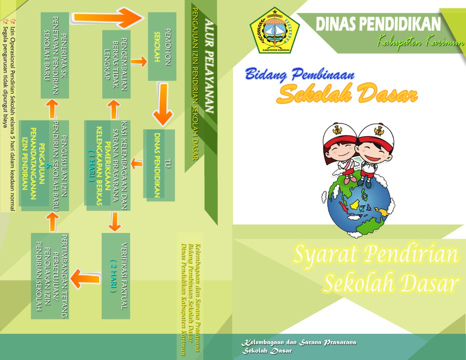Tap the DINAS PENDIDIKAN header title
click(x=378, y=24)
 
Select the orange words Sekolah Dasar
click(x=346, y=94)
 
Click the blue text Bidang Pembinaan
click(x=299, y=74)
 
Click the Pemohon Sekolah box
click(x=162, y=47)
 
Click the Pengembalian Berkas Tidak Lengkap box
click(x=116, y=64)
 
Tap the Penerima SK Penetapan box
click(x=55, y=55)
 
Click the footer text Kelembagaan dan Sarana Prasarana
click(x=299, y=343)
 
